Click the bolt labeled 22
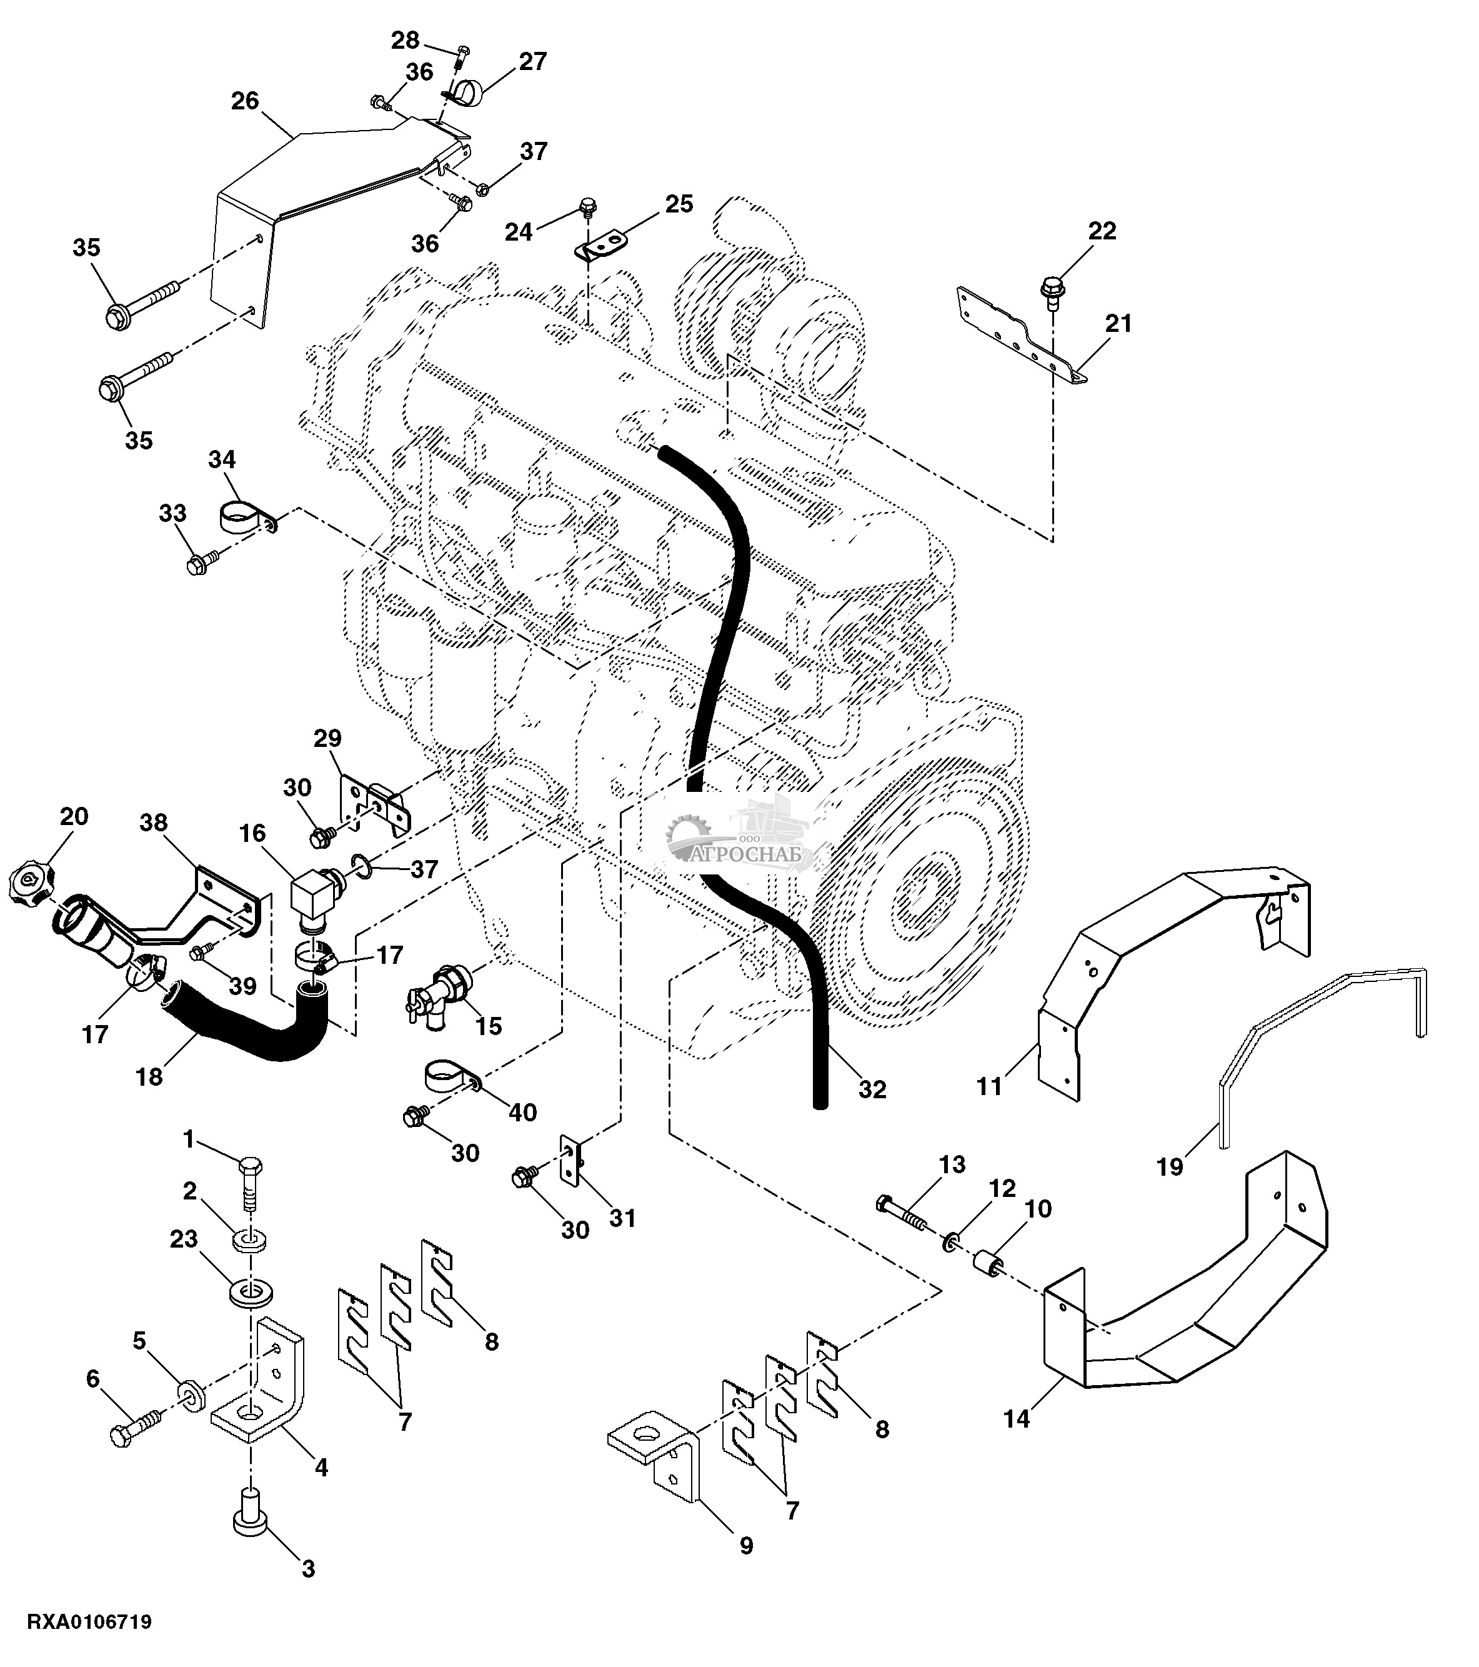(1052, 289)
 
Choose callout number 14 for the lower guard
(1016, 1418)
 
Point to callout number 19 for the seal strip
(1170, 1167)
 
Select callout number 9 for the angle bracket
(746, 1546)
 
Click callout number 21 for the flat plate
(1118, 324)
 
